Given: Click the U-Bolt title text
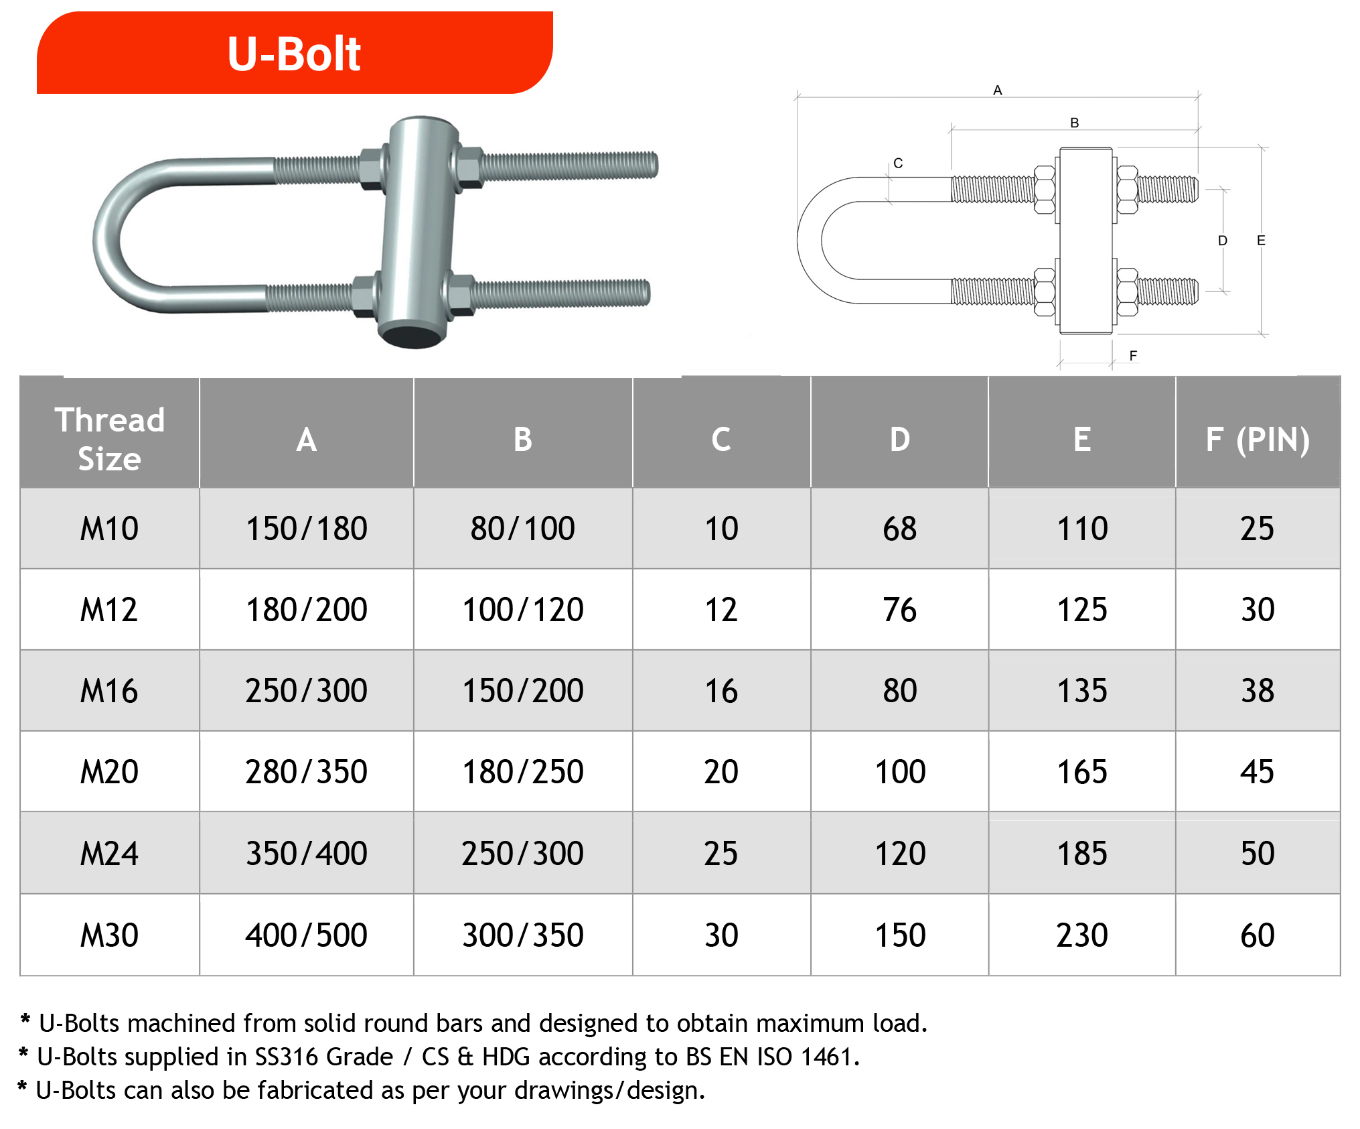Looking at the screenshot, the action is click(x=294, y=54).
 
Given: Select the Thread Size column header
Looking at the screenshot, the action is click(x=110, y=439).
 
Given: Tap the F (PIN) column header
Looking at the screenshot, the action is click(x=1258, y=440).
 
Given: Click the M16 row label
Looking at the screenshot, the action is click(x=109, y=691).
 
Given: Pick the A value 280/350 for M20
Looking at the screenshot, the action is click(x=307, y=772).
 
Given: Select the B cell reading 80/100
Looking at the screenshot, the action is click(x=523, y=529).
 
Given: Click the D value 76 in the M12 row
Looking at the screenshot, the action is click(x=900, y=610).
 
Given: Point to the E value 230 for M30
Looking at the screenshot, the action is click(x=1082, y=935).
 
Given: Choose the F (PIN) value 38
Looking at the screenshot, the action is click(x=1258, y=691).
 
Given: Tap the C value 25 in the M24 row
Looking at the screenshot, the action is click(x=721, y=854).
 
